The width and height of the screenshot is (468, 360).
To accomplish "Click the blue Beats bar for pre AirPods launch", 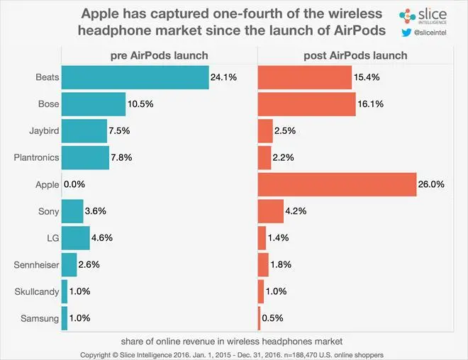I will pos(135,77).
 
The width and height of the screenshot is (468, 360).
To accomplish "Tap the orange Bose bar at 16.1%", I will pos(306,103).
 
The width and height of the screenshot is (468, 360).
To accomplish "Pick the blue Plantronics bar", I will pos(86,157).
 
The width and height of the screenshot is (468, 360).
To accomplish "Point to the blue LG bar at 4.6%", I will pos(76,238).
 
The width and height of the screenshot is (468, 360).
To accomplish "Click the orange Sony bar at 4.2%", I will pos(270,211).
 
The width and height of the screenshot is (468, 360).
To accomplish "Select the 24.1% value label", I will pos(224,77).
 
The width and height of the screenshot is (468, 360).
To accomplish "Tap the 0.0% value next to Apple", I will pos(74,184).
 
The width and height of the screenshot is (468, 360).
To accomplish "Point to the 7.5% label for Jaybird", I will pos(118,130).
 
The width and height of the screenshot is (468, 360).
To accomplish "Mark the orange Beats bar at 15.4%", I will pos(305,77).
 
